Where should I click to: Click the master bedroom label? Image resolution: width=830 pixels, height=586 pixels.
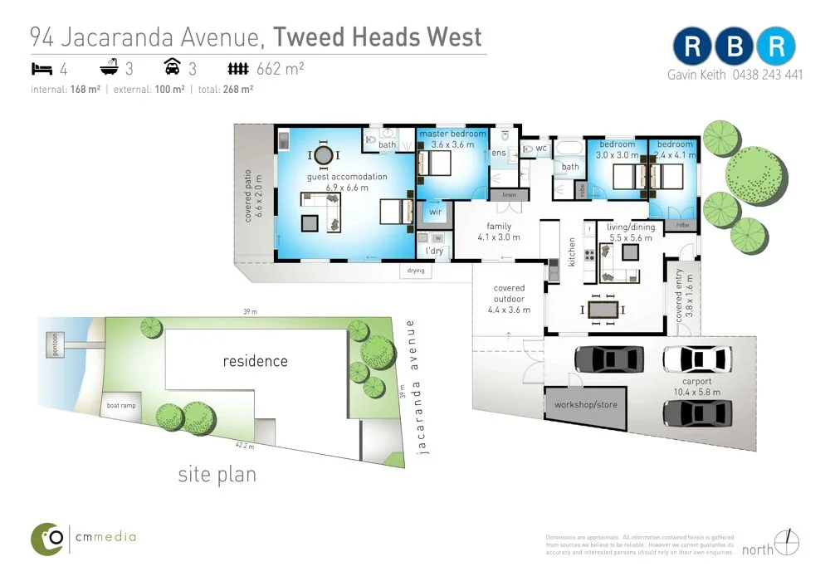(x=452, y=134)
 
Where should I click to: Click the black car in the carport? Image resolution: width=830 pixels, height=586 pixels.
(x=608, y=359)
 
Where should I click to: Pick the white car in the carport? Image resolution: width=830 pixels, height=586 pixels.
(x=697, y=359)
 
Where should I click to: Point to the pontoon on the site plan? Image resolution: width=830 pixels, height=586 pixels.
(x=56, y=344)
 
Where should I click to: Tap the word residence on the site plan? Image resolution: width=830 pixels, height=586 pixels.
(x=255, y=361)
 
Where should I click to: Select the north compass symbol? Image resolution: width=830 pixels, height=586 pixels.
(x=788, y=543)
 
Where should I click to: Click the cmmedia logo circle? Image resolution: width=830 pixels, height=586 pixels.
(x=48, y=539)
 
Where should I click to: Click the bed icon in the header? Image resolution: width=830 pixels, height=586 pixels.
(x=41, y=69)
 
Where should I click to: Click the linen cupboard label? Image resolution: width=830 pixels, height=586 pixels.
(x=509, y=195)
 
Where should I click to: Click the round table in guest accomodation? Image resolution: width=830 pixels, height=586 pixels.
(x=324, y=155)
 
